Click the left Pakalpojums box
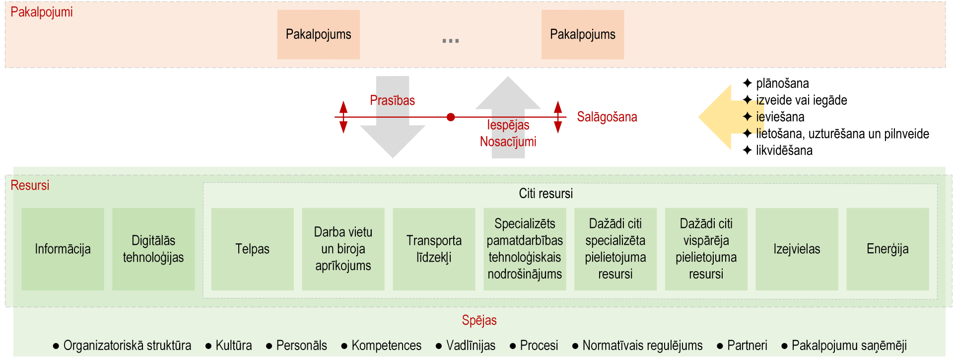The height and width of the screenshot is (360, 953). pos(318,34)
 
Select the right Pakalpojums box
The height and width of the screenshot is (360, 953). pos(583,34)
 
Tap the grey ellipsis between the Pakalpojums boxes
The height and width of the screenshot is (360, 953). pos(451,41)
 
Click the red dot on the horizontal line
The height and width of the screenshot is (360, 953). pos(451,117)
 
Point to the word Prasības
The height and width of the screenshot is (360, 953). pos(392,100)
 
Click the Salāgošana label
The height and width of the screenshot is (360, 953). pos(607,117)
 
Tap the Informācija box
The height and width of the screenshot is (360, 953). pos(63,249)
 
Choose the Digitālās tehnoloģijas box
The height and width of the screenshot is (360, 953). pos(153,249)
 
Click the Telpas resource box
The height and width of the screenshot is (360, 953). pos(252,249)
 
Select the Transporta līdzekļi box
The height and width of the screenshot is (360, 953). pos(434,249)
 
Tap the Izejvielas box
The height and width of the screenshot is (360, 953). pos(797,249)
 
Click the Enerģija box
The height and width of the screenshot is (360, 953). pos(887,249)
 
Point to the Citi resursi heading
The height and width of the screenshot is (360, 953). pos(545,193)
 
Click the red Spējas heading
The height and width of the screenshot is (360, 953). pos(479,320)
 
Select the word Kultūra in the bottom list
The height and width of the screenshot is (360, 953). pos(233,345)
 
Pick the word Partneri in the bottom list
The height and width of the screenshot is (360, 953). pos(747,345)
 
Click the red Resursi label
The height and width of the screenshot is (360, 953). pos(30,185)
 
